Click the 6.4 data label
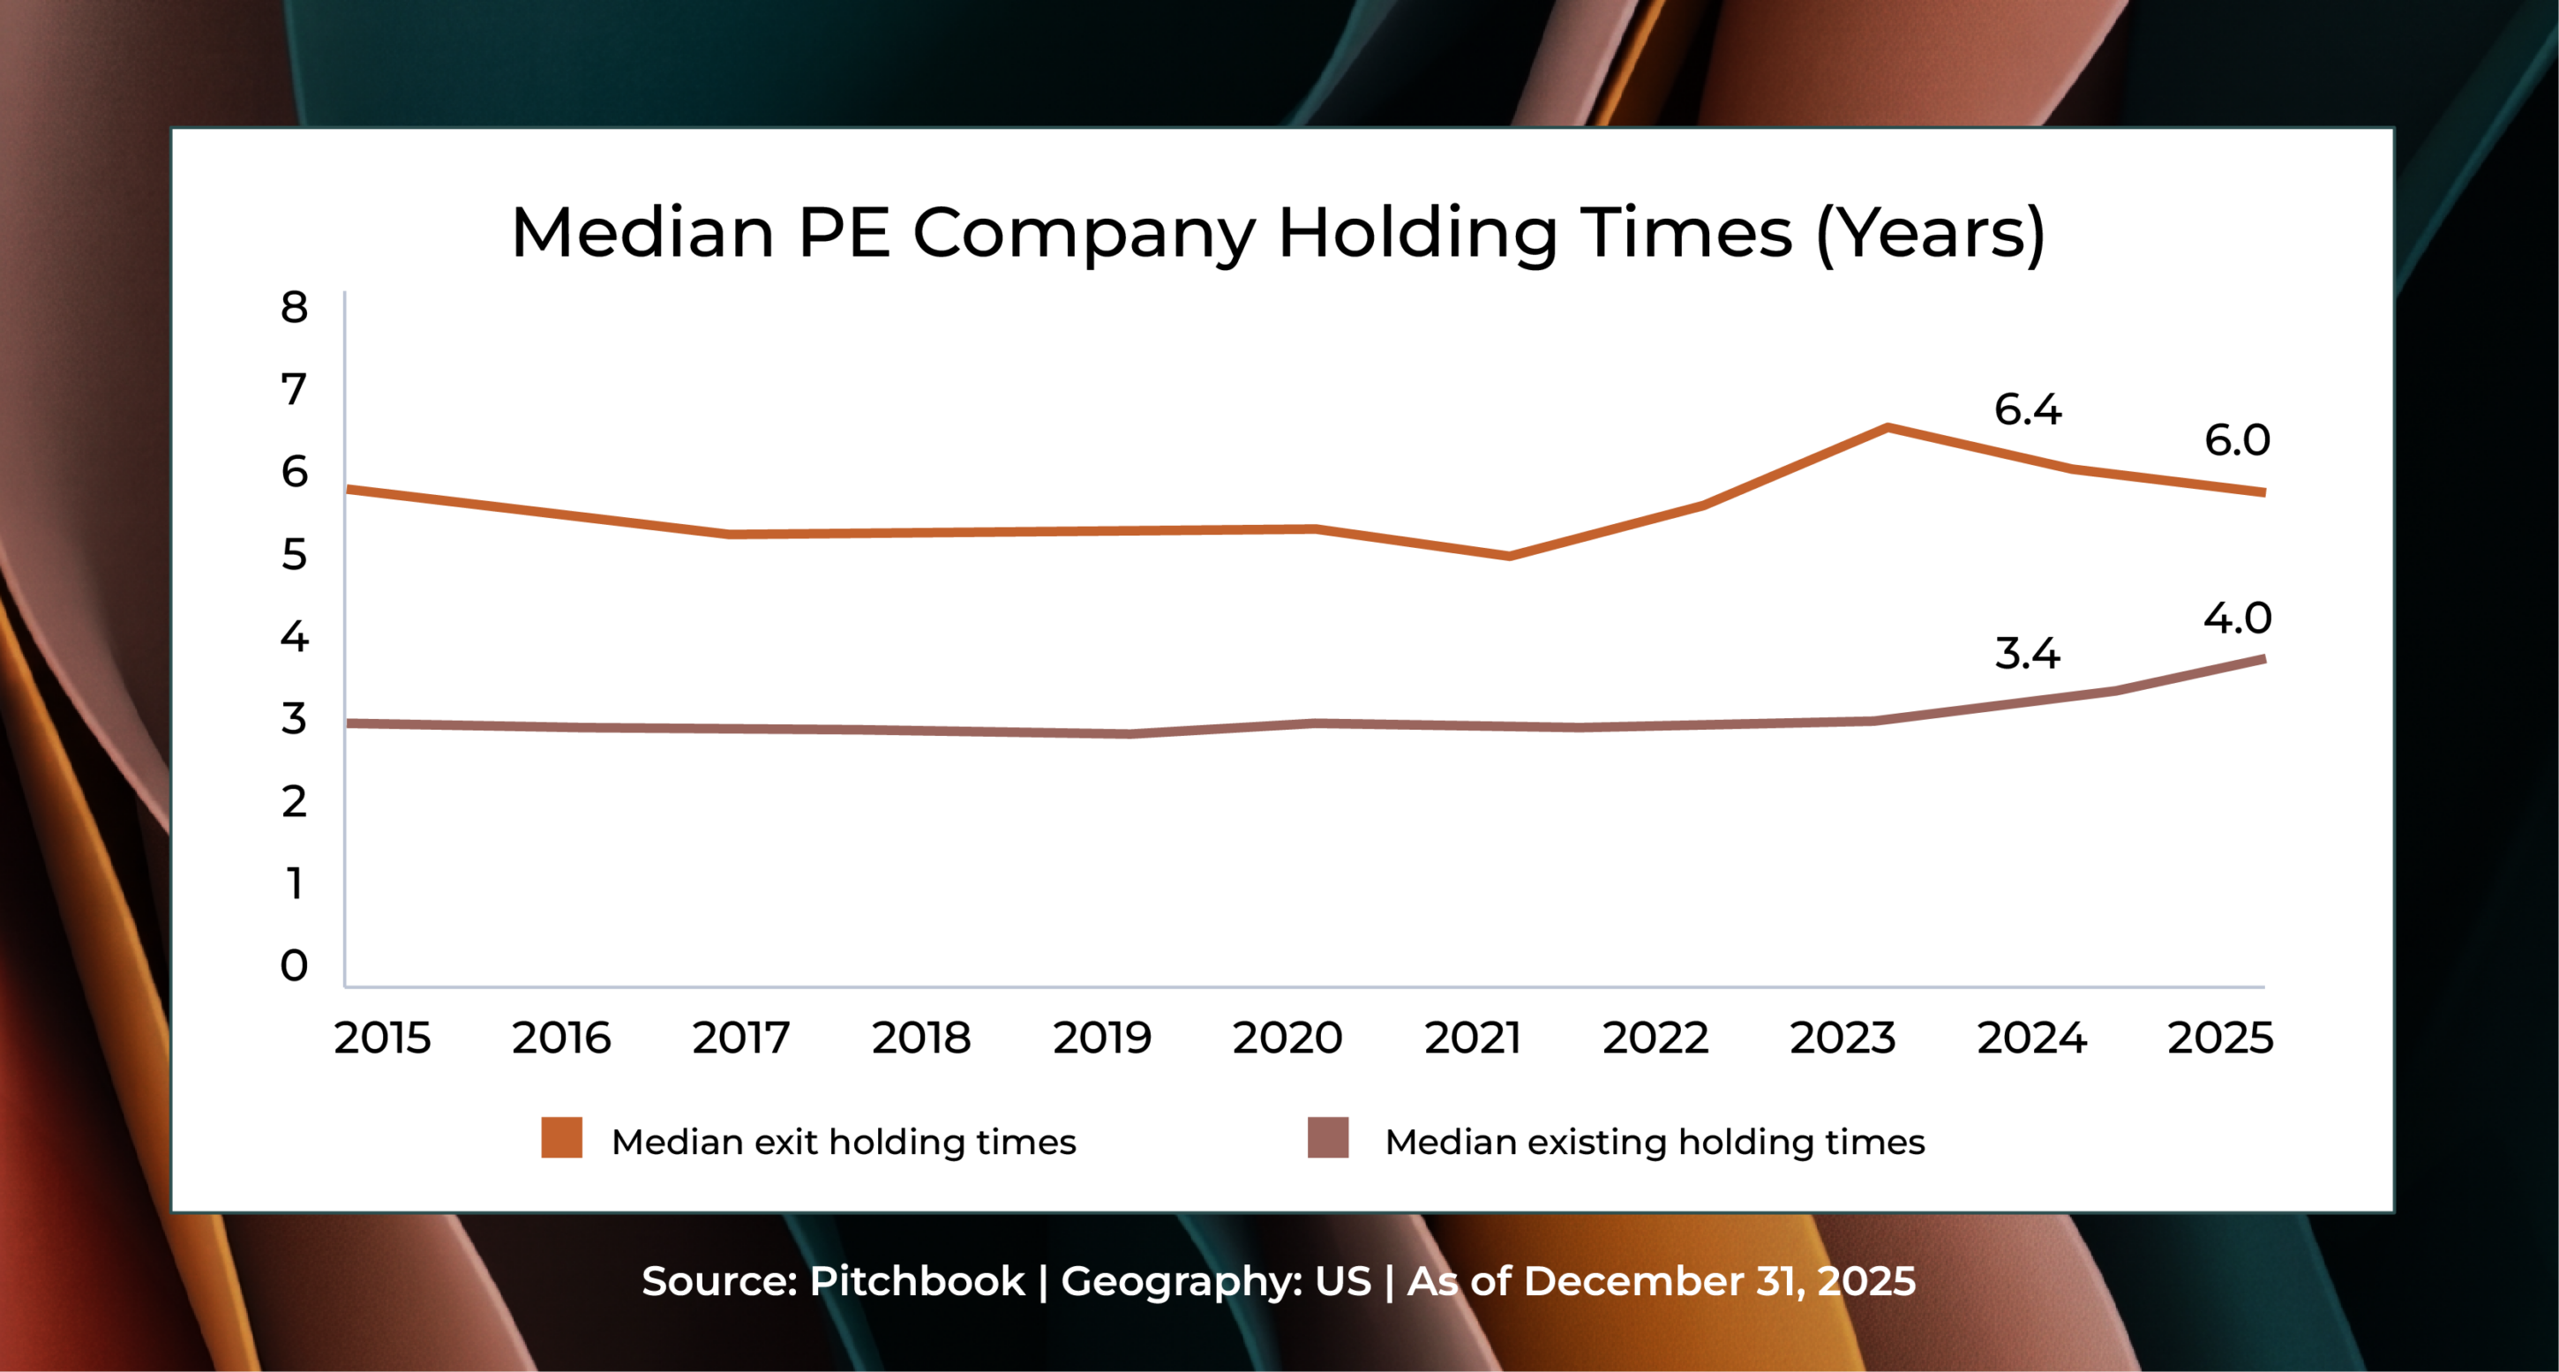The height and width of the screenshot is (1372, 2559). [2028, 409]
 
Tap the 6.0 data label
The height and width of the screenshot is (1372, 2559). [2237, 440]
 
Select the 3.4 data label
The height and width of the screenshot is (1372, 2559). [2028, 654]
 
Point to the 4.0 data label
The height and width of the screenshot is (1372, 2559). [2237, 618]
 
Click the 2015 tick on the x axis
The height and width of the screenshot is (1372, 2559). [382, 1038]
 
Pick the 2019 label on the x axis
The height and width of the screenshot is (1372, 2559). [1101, 1038]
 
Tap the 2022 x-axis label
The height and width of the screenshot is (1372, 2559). [1655, 1038]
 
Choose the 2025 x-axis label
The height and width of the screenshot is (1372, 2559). [2220, 1038]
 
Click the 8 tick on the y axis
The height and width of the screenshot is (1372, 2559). [294, 307]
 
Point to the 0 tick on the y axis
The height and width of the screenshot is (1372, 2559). [294, 964]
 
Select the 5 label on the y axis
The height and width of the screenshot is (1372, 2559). [294, 554]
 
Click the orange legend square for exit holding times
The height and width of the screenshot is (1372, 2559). [561, 1137]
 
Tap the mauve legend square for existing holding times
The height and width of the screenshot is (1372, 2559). [1328, 1137]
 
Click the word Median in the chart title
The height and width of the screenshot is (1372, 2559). [642, 234]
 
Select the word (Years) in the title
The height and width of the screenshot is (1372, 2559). [1930, 234]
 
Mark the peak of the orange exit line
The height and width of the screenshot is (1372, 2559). [1887, 428]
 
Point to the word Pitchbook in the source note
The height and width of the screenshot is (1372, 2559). [917, 1282]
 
